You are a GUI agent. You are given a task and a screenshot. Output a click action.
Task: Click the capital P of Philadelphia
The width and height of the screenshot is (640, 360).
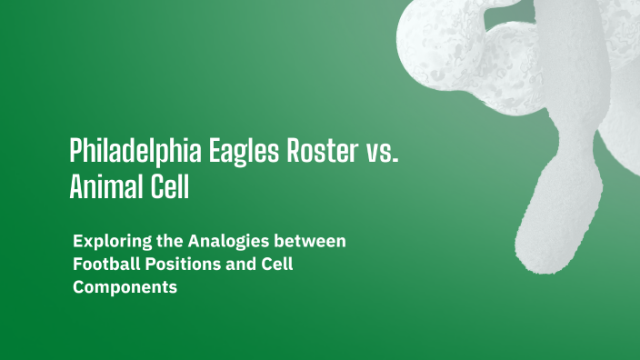(75, 150)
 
